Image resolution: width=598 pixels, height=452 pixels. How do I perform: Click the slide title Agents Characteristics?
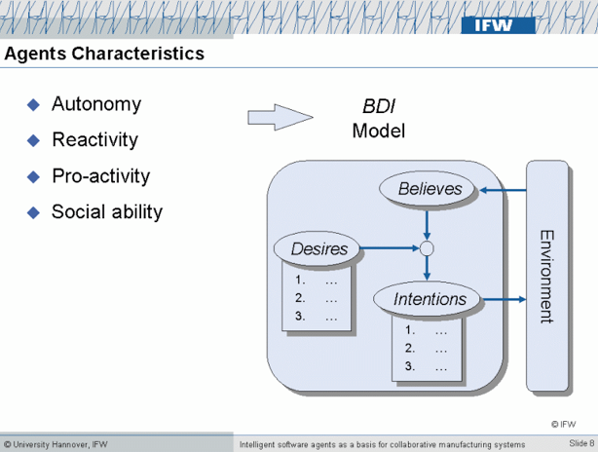tap(104, 54)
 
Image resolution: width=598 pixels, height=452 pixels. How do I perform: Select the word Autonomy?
tap(96, 104)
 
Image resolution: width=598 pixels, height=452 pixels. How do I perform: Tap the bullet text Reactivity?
tap(95, 140)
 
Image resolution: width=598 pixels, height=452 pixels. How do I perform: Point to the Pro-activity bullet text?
tap(100, 176)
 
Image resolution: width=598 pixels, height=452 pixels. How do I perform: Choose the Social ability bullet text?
tap(107, 211)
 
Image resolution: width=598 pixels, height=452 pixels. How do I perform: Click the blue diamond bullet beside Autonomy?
tap(33, 105)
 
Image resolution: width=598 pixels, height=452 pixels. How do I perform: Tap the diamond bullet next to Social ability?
tap(33, 212)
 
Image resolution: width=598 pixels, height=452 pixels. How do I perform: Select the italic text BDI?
tap(378, 107)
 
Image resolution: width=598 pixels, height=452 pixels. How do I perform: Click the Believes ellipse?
tap(430, 189)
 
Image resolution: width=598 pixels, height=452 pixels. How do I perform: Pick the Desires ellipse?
tap(318, 248)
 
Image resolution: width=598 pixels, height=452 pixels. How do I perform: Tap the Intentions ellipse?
tap(430, 299)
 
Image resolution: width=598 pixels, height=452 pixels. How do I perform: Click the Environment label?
tap(546, 276)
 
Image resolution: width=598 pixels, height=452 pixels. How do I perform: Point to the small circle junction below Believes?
tap(427, 249)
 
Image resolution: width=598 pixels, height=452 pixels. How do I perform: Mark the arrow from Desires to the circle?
tap(390, 249)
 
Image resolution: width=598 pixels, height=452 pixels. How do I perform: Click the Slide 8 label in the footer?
tap(579, 444)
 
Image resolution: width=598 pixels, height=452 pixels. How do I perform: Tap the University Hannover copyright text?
tap(56, 444)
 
